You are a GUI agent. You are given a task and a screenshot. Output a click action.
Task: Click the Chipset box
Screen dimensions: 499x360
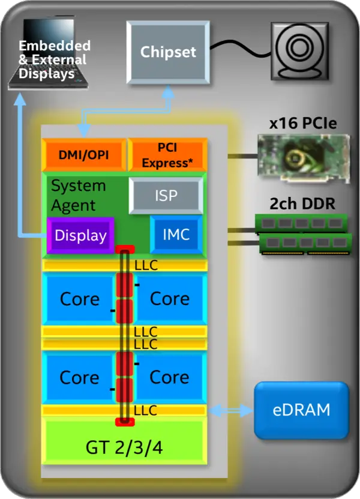pos(168,52)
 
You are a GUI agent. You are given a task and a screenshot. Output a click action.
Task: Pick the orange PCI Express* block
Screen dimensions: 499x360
pos(167,155)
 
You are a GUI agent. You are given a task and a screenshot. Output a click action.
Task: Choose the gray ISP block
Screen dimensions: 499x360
pos(165,196)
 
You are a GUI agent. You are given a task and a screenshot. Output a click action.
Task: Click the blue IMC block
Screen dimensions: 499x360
pos(176,234)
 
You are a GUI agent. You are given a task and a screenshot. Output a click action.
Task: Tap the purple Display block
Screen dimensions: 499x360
pos(80,235)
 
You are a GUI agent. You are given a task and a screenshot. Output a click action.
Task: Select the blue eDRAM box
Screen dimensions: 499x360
pos(301,410)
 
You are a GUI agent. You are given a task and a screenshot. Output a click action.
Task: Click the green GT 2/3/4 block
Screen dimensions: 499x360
pos(125,447)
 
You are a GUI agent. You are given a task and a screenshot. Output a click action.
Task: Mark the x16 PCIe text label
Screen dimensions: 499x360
pos(302,124)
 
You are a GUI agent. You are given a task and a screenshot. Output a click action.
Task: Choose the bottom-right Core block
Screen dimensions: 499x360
pos(170,377)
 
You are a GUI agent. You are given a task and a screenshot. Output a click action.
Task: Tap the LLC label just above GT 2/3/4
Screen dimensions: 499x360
pos(146,411)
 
